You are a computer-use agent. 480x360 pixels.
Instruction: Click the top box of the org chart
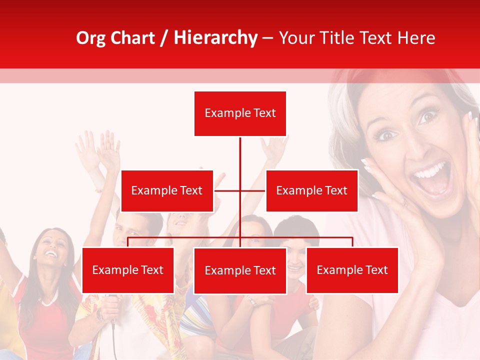[x=240, y=113]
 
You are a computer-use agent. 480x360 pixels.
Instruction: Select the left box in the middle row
[x=167, y=190]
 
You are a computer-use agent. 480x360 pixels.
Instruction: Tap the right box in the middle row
[x=311, y=190]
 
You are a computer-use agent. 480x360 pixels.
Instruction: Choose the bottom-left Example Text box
[x=128, y=270]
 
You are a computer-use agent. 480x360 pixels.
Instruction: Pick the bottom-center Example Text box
[x=240, y=270]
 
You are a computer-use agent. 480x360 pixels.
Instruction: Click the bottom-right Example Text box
[x=352, y=270]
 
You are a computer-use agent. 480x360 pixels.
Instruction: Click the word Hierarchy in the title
[x=215, y=38]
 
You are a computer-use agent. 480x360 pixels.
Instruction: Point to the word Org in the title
[x=90, y=38]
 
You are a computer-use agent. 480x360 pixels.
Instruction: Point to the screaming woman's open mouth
[x=431, y=177]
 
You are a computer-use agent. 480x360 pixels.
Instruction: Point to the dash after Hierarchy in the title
[x=267, y=38]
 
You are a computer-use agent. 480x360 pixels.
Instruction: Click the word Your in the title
[x=298, y=38]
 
